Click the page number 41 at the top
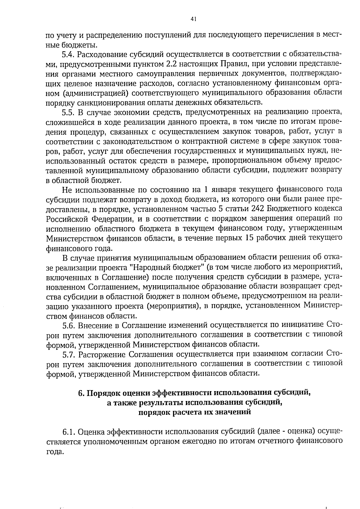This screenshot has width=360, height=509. (193, 19)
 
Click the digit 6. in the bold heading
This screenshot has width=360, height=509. (81, 393)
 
